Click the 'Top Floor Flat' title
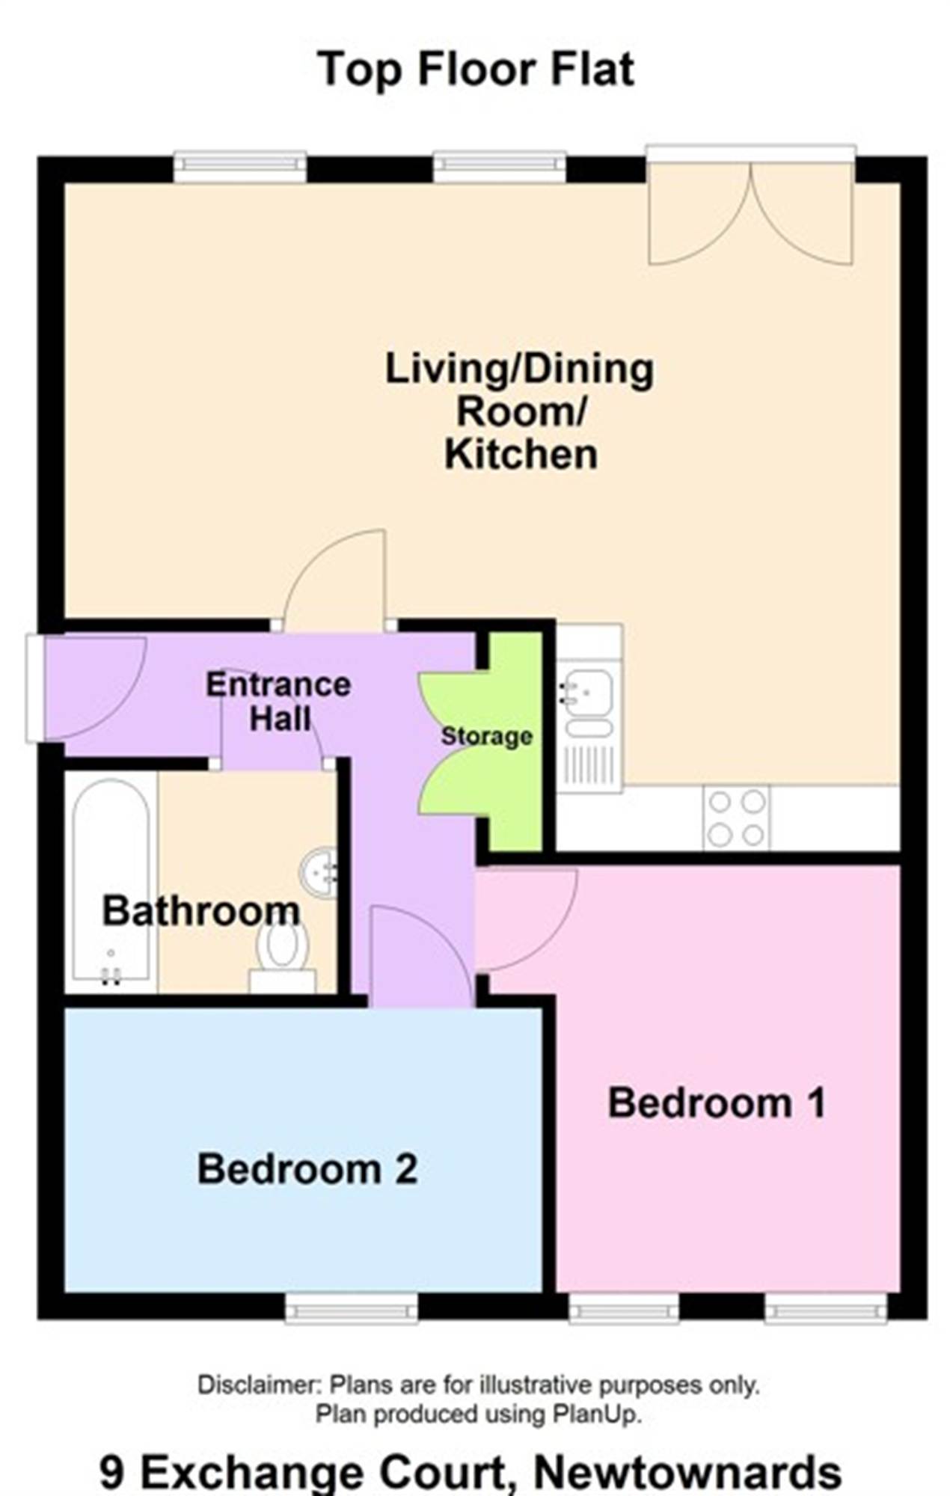(x=476, y=70)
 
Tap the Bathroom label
(x=201, y=910)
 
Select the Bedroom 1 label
(x=717, y=1103)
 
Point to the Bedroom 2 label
(x=307, y=1168)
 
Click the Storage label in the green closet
(x=486, y=736)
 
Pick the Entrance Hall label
(x=278, y=702)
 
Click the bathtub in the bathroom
(x=111, y=883)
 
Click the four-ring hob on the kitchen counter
(x=736, y=818)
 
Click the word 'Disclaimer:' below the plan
(x=259, y=1385)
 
